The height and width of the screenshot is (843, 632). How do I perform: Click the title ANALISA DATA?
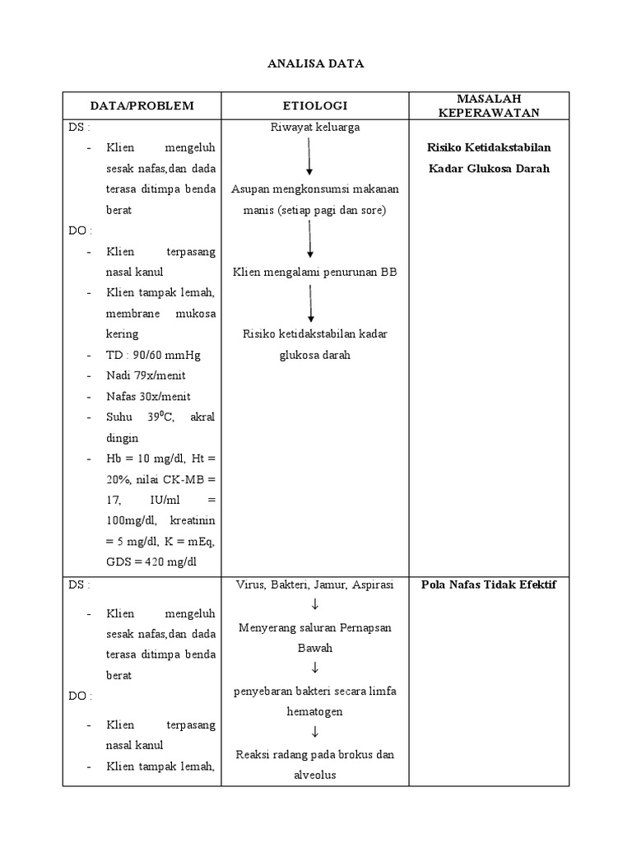315,63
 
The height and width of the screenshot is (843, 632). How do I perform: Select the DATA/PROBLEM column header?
143,105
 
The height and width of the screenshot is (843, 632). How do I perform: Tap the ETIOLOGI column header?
314,105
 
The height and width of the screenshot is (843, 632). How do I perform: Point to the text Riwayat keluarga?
314,128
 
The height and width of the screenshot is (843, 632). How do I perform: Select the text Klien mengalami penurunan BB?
314,272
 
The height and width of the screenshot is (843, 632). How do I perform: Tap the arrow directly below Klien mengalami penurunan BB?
311,303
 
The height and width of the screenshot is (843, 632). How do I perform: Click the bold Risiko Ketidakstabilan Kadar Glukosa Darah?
488,158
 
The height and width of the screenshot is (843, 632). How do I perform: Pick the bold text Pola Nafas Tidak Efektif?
488,585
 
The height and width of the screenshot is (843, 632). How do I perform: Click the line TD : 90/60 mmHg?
153,355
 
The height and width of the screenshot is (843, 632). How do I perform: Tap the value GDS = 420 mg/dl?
154,562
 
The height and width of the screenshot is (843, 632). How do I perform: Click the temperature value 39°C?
161,417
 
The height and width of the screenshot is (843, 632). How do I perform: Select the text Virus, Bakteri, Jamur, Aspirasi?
314,585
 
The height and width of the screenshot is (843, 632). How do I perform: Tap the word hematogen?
314,710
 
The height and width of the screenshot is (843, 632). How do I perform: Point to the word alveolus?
314,774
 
